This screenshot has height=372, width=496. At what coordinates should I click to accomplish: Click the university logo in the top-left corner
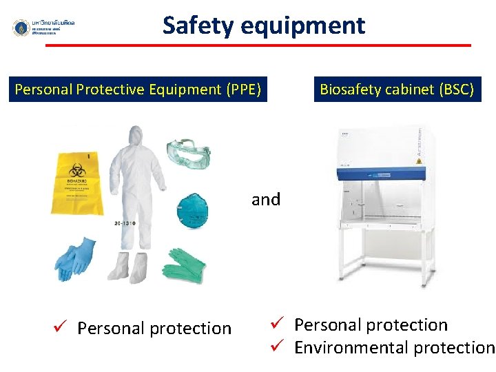click(21, 28)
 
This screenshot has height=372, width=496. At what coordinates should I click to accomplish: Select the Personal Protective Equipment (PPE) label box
click(138, 90)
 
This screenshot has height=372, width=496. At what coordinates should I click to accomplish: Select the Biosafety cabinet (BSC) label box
click(397, 90)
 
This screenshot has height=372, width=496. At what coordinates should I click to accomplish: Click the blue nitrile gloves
click(76, 258)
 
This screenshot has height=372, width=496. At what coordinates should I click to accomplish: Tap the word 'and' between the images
click(266, 200)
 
